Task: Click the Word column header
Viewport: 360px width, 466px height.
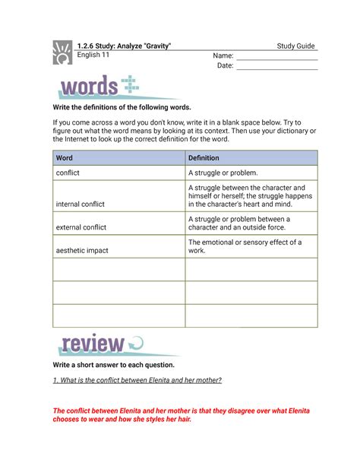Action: pos(65,158)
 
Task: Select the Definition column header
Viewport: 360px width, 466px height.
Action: pos(204,158)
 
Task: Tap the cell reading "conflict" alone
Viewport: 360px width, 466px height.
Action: pos(68,173)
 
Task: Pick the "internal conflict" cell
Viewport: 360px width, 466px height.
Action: pos(80,204)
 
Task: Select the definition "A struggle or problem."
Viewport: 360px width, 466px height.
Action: pos(223,173)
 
